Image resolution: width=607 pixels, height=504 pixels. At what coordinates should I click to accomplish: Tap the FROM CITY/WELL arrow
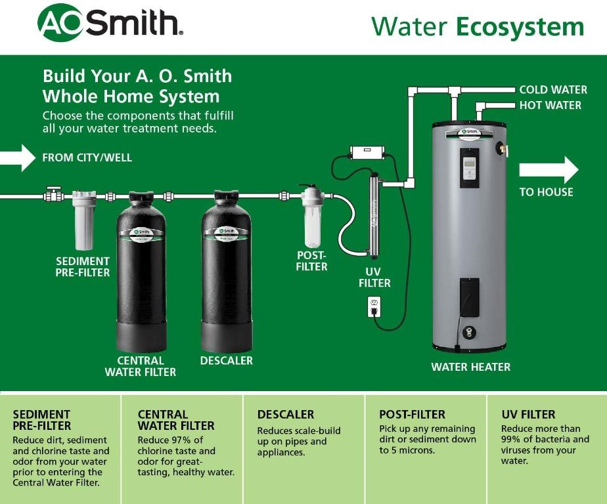(x=18, y=157)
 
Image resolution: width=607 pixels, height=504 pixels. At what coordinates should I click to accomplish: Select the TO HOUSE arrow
(x=549, y=171)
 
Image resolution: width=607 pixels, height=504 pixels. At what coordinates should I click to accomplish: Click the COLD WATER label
(x=553, y=90)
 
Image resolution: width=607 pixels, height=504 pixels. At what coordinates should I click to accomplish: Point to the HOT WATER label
(x=550, y=105)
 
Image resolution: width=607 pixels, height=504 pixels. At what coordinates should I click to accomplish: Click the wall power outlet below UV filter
(x=374, y=306)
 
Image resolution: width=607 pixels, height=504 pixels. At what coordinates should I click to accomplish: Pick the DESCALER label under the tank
(x=226, y=360)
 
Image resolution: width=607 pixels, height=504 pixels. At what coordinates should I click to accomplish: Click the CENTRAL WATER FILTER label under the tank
(x=141, y=366)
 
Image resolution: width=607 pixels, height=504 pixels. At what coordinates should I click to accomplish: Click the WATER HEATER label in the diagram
(x=470, y=367)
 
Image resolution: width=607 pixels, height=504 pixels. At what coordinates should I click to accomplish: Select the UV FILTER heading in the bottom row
(x=528, y=415)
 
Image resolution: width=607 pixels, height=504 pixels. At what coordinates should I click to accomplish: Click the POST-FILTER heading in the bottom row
(x=412, y=415)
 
